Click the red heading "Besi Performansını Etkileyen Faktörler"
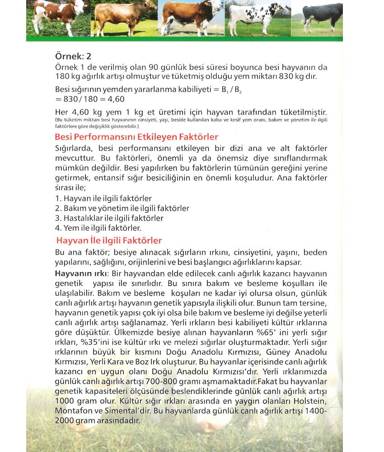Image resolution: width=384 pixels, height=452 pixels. pyautogui.click(x=136, y=137)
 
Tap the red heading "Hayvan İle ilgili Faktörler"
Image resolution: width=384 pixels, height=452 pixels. pyautogui.click(x=108, y=240)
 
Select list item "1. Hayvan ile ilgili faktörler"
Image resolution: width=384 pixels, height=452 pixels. pyautogui.click(x=103, y=198)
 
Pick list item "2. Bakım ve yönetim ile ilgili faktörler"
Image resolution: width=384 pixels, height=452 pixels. pyautogui.click(x=122, y=208)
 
